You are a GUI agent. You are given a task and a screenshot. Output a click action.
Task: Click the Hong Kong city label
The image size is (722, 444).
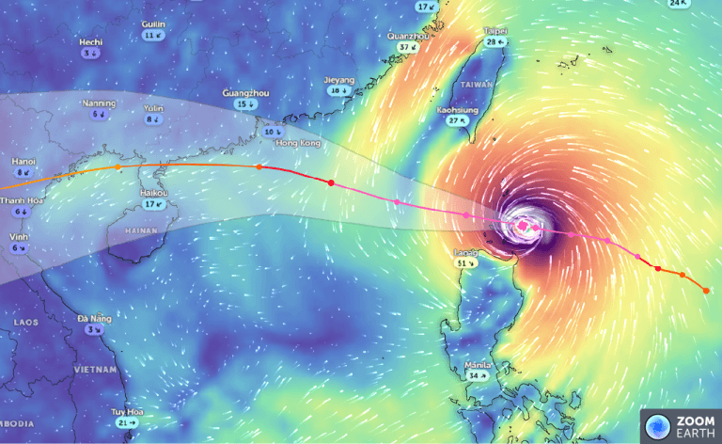pos(298,142)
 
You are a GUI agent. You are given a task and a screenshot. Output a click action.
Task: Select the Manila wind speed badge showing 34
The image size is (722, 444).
pos(478,375)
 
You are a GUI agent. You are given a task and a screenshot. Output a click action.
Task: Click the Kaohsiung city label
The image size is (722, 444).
pos(458,110)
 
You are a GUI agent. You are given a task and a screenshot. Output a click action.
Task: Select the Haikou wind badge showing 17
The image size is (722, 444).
pos(154,204)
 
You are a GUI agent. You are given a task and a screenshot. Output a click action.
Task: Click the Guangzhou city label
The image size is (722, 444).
pos(244,93)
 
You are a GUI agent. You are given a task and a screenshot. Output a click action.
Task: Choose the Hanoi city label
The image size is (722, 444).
pos(24,162)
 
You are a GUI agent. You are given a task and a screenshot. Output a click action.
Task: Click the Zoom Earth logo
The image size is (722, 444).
pos(682,425)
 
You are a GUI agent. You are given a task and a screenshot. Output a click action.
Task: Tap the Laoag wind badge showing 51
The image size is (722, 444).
pos(463,264)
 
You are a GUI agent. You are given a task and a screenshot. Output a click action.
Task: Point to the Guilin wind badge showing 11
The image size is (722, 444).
pos(152,35)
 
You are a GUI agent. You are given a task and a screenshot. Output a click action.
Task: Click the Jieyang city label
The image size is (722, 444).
pos(339,80)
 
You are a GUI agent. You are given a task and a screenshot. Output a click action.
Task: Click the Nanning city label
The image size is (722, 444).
pos(99,103)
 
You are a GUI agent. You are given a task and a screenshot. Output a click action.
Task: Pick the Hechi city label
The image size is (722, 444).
pos(91,42)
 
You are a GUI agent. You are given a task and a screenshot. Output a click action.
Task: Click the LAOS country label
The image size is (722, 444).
pos(25,322)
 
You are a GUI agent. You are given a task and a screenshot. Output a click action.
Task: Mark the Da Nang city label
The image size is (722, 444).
pos(95,319)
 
